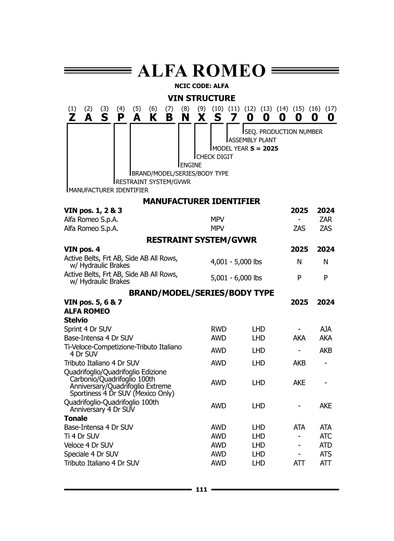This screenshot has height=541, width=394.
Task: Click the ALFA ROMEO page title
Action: (201, 71)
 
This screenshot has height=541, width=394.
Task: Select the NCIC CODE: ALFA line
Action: (201, 86)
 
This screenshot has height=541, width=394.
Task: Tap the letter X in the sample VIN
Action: (202, 117)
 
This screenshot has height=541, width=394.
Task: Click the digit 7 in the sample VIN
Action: (234, 117)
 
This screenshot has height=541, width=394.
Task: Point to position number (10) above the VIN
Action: (218, 108)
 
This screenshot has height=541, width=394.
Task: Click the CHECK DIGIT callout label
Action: (215, 157)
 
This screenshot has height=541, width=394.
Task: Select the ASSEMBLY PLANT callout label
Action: (252, 140)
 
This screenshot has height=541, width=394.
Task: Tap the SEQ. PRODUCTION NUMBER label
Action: (284, 132)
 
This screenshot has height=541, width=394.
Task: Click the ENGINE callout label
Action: (191, 165)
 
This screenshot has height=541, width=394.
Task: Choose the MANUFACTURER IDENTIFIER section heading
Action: (201, 201)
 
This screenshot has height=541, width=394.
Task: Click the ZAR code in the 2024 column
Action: (326, 219)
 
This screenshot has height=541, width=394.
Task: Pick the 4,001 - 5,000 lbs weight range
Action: (236, 262)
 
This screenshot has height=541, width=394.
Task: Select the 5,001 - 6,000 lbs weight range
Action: (236, 278)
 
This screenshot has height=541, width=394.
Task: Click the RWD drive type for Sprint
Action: (219, 329)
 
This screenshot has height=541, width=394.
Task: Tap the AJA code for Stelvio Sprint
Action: (326, 329)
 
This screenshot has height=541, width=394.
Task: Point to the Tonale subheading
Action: (76, 418)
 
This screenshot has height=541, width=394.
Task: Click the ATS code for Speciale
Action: (326, 454)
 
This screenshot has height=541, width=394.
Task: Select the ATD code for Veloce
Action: (326, 445)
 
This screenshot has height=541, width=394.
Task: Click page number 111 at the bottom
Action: (201, 490)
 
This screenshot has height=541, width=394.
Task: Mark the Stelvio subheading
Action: (76, 320)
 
